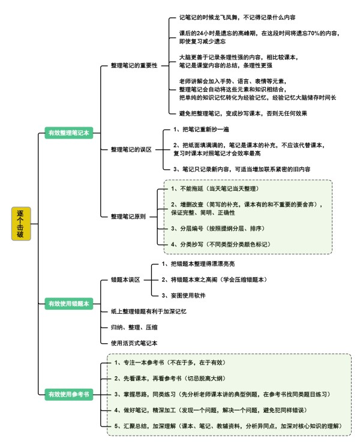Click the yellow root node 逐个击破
click(21, 224)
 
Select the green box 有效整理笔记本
click(69, 133)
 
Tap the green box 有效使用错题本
click(69, 304)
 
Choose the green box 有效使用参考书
click(69, 394)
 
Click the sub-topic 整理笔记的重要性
click(134, 65)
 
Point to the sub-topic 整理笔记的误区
click(131, 149)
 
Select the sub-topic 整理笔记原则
click(128, 217)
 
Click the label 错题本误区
click(125, 280)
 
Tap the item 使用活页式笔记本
click(134, 343)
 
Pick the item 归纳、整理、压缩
click(134, 328)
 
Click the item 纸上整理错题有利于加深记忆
click(148, 311)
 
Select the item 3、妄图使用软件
click(184, 296)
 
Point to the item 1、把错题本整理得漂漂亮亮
click(198, 264)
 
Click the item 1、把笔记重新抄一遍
click(201, 130)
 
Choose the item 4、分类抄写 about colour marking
click(221, 244)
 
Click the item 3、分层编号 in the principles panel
click(218, 228)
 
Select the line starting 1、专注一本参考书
click(170, 362)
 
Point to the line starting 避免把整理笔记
click(243, 113)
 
